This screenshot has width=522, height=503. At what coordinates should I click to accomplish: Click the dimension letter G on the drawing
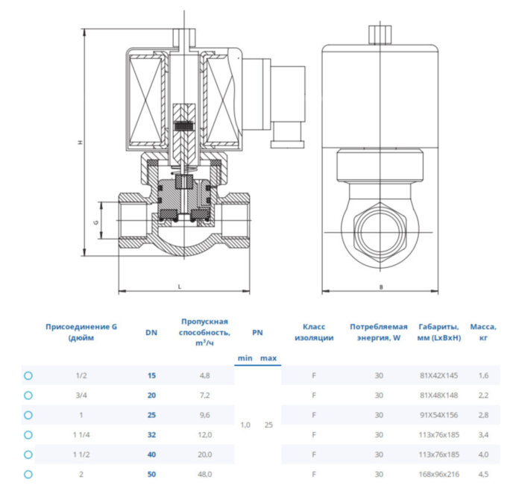coord(95,222)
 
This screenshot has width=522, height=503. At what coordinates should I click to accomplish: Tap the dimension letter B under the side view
coord(380,286)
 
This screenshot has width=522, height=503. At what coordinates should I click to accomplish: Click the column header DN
coord(152,333)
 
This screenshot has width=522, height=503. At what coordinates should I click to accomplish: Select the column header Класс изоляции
coord(313,332)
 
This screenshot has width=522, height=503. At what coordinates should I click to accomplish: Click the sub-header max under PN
coord(268,358)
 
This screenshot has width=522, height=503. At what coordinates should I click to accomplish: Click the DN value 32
coord(152,434)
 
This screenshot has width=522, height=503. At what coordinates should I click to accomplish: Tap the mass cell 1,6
coord(483,375)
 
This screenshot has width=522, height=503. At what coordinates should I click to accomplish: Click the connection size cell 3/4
coord(81,395)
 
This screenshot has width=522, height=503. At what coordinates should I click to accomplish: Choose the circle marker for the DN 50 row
coord(28,474)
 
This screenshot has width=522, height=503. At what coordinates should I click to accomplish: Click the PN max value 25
coord(268,425)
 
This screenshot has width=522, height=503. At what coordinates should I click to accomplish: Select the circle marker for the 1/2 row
coord(28,375)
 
